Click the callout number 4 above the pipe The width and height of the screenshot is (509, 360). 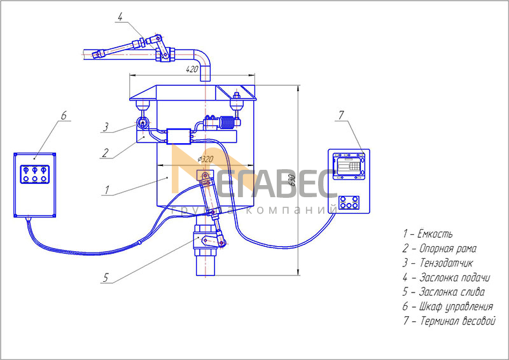120,17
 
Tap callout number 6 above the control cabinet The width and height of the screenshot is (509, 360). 64,115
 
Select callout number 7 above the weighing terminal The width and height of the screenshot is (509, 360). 341,115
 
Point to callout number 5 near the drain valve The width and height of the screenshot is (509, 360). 106,277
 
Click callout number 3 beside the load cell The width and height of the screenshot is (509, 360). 106,127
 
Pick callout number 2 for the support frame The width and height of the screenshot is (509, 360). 105,153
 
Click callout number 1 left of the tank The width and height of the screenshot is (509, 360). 107,190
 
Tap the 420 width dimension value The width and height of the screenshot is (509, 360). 192,69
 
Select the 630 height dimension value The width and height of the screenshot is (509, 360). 292,180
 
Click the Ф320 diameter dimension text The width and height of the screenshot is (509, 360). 205,159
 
